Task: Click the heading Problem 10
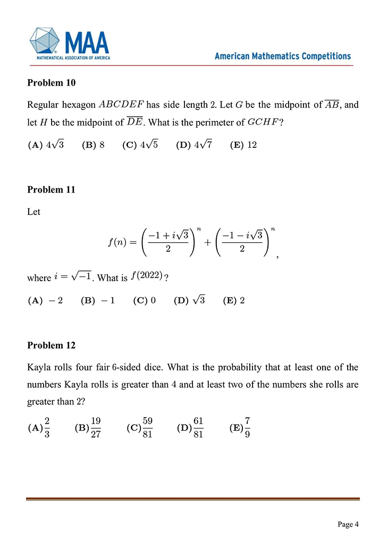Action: point(51,83)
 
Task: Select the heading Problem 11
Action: point(51,189)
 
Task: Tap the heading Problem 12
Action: point(51,345)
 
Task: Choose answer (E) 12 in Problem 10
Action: point(244,144)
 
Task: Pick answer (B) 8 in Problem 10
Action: point(94,144)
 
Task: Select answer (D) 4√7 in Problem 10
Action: point(194,144)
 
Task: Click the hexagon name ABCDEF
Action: point(122,104)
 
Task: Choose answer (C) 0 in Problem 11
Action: point(145,300)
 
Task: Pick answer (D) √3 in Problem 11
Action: point(190,300)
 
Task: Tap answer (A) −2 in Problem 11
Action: point(45,300)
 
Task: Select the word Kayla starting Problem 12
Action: point(38,367)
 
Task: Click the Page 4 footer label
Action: point(349,524)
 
